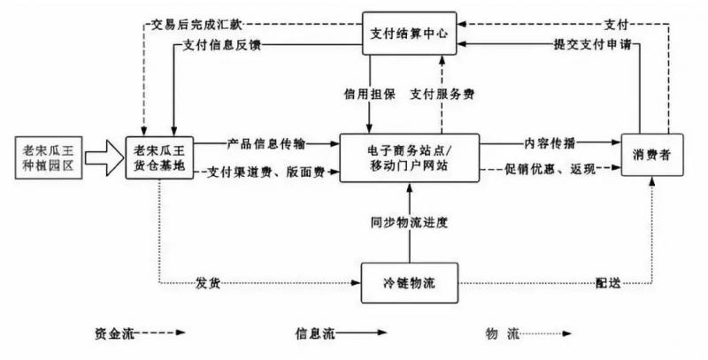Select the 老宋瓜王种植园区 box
click(x=51, y=158)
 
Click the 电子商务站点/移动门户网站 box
click(x=409, y=157)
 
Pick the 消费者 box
click(x=651, y=156)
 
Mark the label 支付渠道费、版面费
click(x=265, y=172)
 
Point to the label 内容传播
click(x=548, y=142)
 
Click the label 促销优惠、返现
click(x=550, y=170)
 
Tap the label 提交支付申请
click(x=592, y=45)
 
